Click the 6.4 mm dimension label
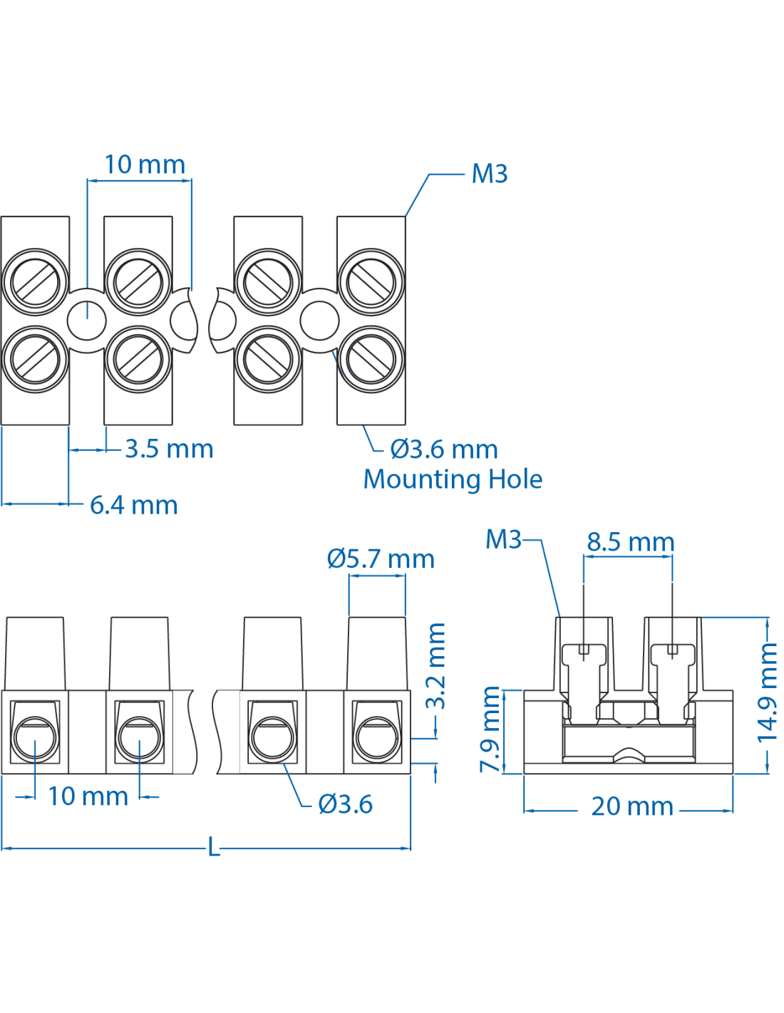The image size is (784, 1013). [x=133, y=505]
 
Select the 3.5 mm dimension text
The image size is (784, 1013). [x=169, y=449]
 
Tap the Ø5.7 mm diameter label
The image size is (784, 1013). [x=381, y=559]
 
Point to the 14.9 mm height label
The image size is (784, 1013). [x=767, y=691]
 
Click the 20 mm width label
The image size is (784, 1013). [x=631, y=806]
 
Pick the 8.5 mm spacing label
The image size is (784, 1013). [x=630, y=542]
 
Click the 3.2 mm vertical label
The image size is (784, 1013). [x=435, y=666]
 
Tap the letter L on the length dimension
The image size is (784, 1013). [x=214, y=848]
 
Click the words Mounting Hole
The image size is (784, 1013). [x=453, y=479]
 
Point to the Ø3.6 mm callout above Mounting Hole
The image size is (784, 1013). [x=443, y=450]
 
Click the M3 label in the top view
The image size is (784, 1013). [x=490, y=174]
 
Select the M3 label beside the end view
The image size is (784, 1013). [x=503, y=539]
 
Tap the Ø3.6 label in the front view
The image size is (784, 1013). [x=345, y=804]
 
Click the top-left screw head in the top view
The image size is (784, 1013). [x=35, y=282]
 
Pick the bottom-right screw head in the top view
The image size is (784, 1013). [x=371, y=359]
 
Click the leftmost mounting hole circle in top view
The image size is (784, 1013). [x=87, y=321]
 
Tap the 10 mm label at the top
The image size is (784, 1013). [x=145, y=165]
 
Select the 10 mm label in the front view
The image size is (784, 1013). [x=88, y=796]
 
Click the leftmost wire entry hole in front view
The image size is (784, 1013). [x=35, y=738]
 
